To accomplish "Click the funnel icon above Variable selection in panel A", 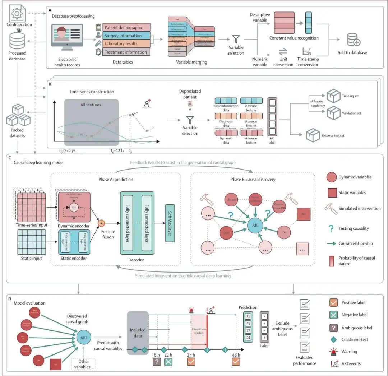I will pyautogui.click(x=236, y=38).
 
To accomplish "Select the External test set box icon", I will pyautogui.click(x=312, y=136).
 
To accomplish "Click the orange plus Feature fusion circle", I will pyautogui.click(x=102, y=223).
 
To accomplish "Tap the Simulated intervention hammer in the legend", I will pyautogui.click(x=330, y=209).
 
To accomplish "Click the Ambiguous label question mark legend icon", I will pyautogui.click(x=333, y=328).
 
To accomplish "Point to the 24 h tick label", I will pyautogui.click(x=191, y=355).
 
